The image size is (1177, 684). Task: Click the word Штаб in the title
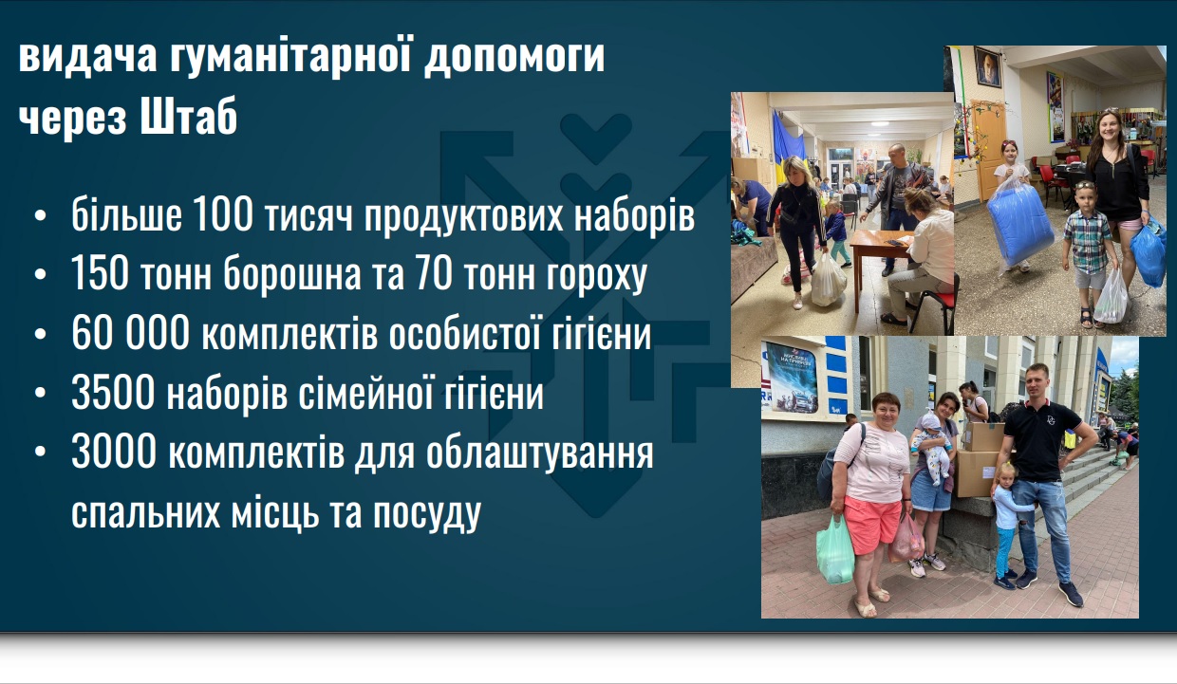(189, 116)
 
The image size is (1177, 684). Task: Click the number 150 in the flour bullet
(100, 274)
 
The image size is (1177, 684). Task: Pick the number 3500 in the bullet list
(113, 392)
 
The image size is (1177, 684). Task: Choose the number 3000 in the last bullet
(114, 451)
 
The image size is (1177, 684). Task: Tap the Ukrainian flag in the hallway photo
(787, 142)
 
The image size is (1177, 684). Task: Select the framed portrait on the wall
(987, 67)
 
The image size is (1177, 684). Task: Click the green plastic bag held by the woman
(835, 550)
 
